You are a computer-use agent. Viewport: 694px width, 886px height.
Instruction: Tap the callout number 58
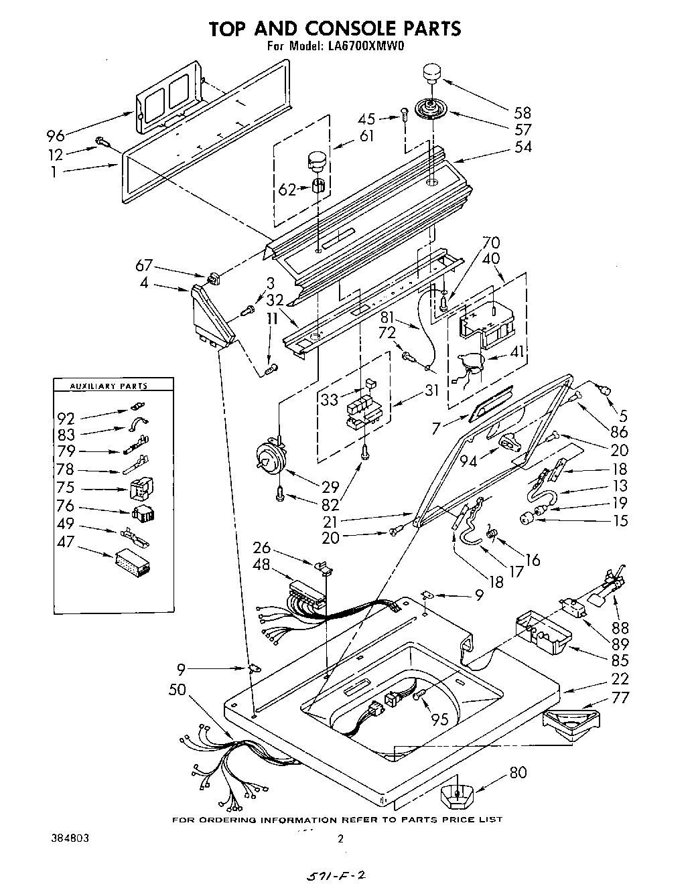pyautogui.click(x=522, y=112)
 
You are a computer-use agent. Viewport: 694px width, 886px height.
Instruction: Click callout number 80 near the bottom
pyautogui.click(x=518, y=772)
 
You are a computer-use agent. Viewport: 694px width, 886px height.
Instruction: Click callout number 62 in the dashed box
pyautogui.click(x=286, y=189)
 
